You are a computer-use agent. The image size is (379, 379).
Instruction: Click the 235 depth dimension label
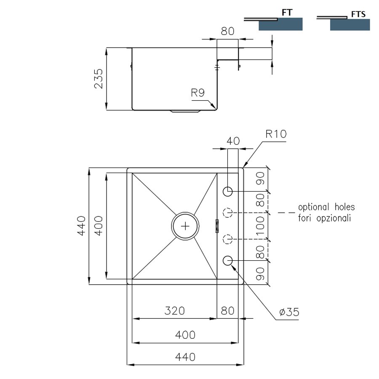point(99,79)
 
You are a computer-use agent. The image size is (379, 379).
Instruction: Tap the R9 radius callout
point(198,93)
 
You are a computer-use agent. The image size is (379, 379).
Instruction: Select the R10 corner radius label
point(276,134)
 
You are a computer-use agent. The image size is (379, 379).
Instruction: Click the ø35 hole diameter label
point(289,312)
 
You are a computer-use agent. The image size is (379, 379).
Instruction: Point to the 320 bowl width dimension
point(174,311)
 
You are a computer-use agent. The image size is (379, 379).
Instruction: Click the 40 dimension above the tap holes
point(233,141)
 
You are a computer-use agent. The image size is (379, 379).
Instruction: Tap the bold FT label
point(287,13)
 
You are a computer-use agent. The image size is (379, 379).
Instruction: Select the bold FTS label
point(358,14)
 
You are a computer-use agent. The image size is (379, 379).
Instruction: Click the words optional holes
point(326,207)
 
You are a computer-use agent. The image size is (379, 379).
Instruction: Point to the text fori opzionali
point(324,218)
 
